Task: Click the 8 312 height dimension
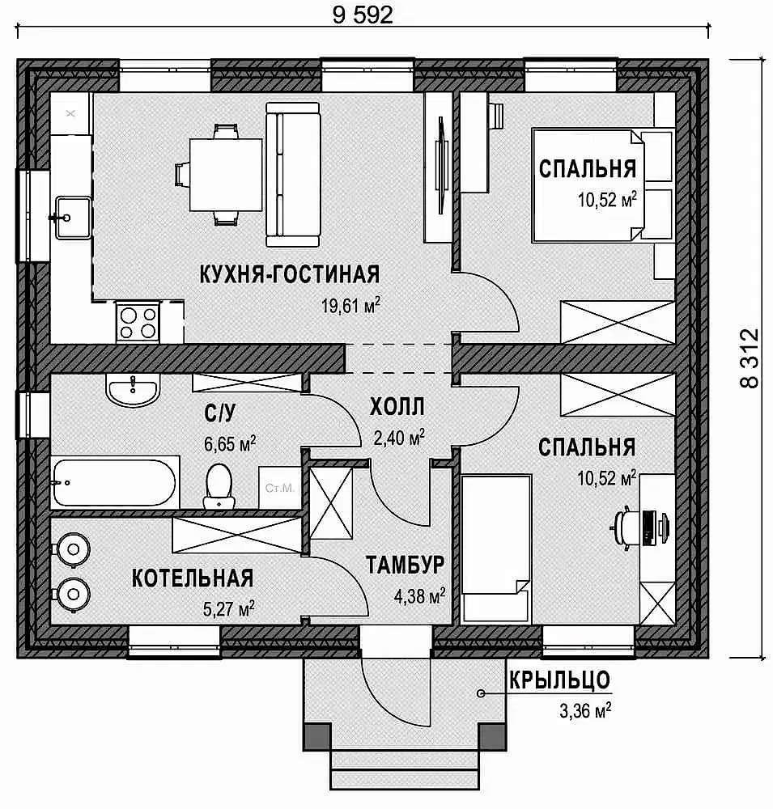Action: [750, 358]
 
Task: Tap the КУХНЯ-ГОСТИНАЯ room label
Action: [290, 274]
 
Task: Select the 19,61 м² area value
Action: [350, 306]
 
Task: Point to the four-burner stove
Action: [138, 322]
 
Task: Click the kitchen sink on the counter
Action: [73, 217]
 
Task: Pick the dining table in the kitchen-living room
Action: [226, 175]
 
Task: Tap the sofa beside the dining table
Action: [293, 175]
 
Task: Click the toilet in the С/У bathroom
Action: [219, 486]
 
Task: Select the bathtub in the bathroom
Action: [115, 483]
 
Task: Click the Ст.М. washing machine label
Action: [280, 488]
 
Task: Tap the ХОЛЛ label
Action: [397, 407]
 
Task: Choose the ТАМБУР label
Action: [406, 565]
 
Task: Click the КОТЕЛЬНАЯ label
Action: [193, 578]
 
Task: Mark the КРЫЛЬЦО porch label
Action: [560, 680]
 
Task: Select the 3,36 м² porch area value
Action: [585, 710]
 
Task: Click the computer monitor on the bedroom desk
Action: [649, 527]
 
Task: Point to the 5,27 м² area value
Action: [229, 609]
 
